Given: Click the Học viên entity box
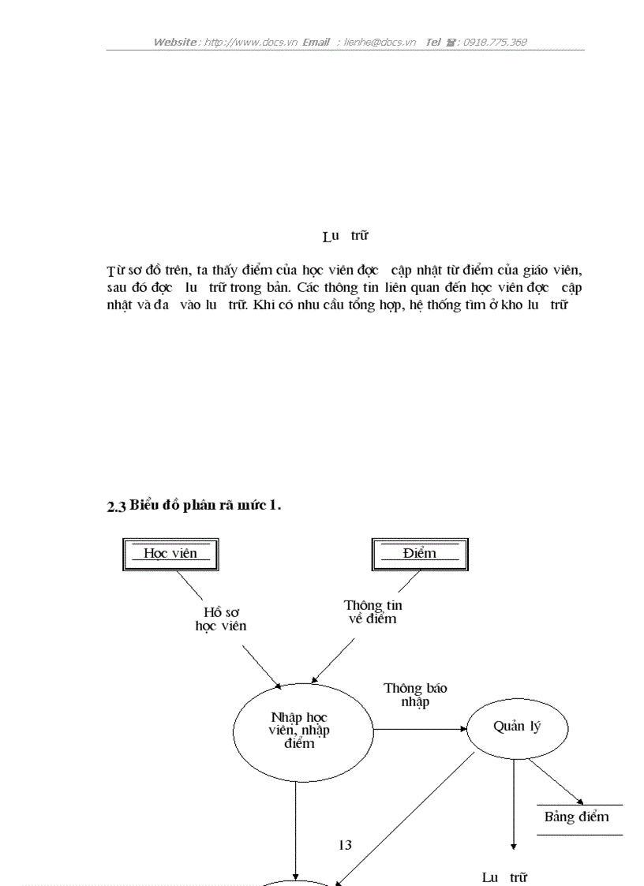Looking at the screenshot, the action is (170, 554).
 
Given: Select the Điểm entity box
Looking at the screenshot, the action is (419, 554).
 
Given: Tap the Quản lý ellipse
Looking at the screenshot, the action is (517, 727).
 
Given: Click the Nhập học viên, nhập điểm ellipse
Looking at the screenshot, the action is (303, 731).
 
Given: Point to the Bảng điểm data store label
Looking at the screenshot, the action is (577, 817).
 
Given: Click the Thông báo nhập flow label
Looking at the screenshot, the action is (415, 695).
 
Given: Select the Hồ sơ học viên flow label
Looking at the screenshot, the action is (221, 619).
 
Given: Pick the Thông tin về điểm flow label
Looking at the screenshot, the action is (373, 612).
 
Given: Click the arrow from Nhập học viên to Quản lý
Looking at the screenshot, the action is (420, 730).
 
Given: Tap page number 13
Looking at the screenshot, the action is (345, 845).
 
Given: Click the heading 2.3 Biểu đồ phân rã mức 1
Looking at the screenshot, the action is (194, 506).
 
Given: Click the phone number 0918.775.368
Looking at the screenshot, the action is (495, 42).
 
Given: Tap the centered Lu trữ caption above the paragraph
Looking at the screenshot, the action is (345, 236).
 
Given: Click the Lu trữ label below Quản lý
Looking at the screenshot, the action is (504, 877).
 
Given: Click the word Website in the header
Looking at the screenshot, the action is (174, 42).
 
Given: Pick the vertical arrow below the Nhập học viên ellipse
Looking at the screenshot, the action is (296, 828).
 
